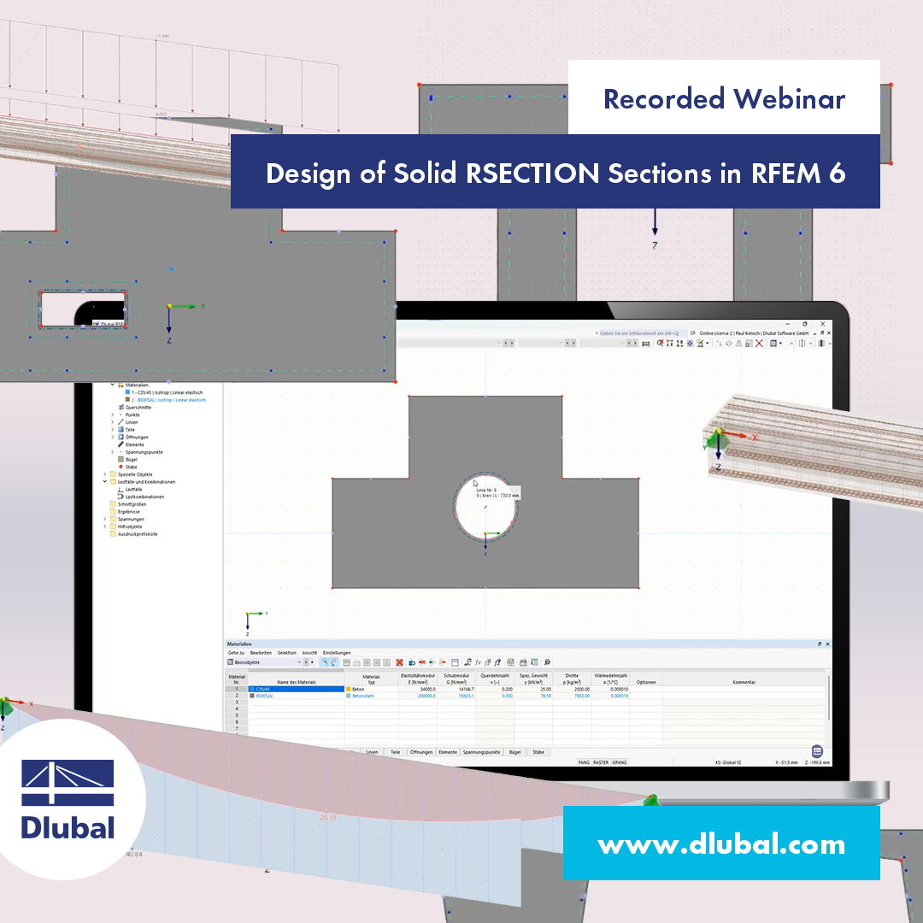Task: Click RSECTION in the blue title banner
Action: [x=533, y=173]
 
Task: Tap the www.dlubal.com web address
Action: [x=721, y=844]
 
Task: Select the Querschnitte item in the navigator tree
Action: [x=138, y=408]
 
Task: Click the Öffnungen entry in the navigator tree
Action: [x=138, y=437]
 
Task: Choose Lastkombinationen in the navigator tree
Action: [x=144, y=497]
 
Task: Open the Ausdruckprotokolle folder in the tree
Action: [x=138, y=534]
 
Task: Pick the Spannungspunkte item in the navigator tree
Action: [x=144, y=452]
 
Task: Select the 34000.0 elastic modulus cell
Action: [x=420, y=689]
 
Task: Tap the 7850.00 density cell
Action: [x=579, y=696]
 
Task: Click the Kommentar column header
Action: [x=744, y=682]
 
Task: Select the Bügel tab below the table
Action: [x=514, y=752]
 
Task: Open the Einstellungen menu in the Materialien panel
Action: [x=336, y=652]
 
